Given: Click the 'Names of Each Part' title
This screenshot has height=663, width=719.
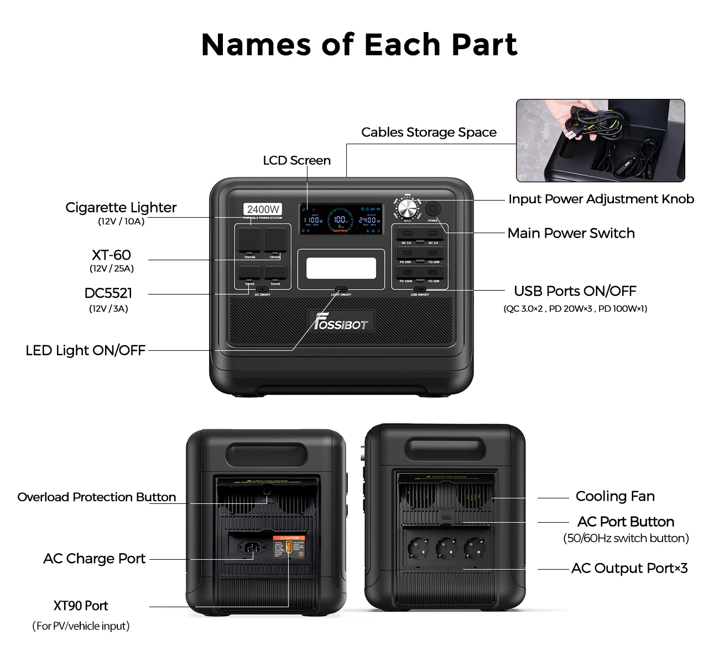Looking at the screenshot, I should pos(359,45).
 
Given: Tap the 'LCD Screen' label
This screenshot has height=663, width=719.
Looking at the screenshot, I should pos(296,160).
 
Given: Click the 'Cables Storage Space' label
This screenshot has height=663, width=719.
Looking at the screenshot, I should pos(429,132).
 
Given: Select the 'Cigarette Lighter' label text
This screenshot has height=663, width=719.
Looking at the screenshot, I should pos(121,208).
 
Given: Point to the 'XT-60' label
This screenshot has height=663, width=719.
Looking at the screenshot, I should pos(111,255).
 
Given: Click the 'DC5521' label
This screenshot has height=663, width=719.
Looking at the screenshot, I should pos(108,293).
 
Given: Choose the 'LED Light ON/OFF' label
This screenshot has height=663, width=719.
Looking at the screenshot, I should pos(85,350).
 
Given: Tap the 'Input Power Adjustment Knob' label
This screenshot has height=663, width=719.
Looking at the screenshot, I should pos(601,199).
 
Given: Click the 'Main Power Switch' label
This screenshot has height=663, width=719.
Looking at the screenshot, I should pos(571,233).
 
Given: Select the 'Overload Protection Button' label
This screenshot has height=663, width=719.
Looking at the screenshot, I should pos(96,497).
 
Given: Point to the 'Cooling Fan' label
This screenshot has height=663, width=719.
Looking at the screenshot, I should pos(615,496).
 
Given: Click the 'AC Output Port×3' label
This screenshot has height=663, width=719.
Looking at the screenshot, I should pos(629,569).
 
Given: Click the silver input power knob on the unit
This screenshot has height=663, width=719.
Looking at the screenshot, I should pos(408,210).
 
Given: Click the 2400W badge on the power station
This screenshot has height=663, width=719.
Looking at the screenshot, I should pos(263,209).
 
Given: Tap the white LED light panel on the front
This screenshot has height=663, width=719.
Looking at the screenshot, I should pos(341,269).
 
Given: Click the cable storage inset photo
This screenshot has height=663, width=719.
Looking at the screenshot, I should pos(600,140).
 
